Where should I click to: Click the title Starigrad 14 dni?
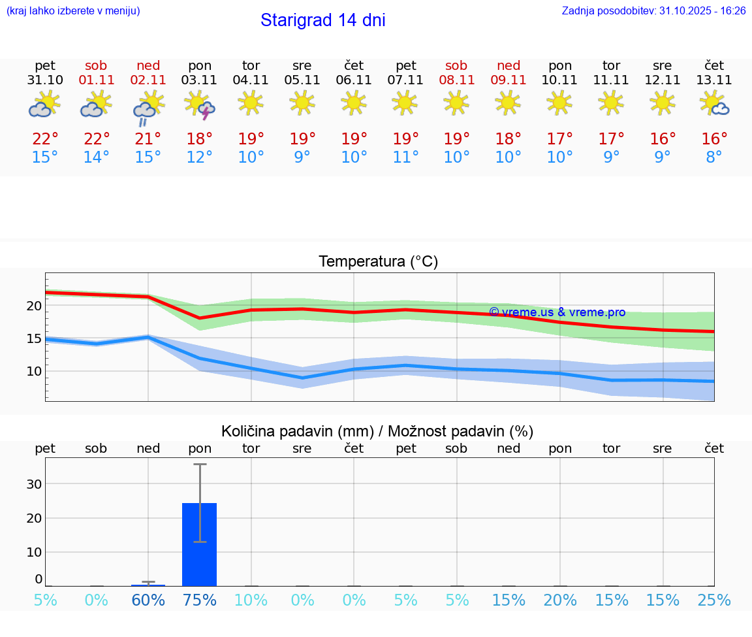(322, 20)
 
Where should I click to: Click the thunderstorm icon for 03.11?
(200, 105)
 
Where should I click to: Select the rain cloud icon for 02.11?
(148, 106)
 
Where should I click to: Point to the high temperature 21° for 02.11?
(148, 139)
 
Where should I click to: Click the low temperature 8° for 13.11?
(714, 157)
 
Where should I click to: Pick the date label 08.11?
(456, 80)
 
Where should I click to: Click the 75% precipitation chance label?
(200, 600)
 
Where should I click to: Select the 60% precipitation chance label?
(148, 600)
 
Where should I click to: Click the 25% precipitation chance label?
(714, 600)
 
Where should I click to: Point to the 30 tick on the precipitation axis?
(34, 484)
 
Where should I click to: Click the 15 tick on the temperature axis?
(34, 338)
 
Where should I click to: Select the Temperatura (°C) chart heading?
(378, 262)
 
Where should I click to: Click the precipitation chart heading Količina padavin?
(377, 431)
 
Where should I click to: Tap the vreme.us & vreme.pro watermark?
(557, 312)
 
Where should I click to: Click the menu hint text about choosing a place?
(72, 11)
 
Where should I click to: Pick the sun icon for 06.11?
(354, 103)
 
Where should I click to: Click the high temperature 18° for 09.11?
(508, 139)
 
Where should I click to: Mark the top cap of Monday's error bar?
(200, 464)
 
